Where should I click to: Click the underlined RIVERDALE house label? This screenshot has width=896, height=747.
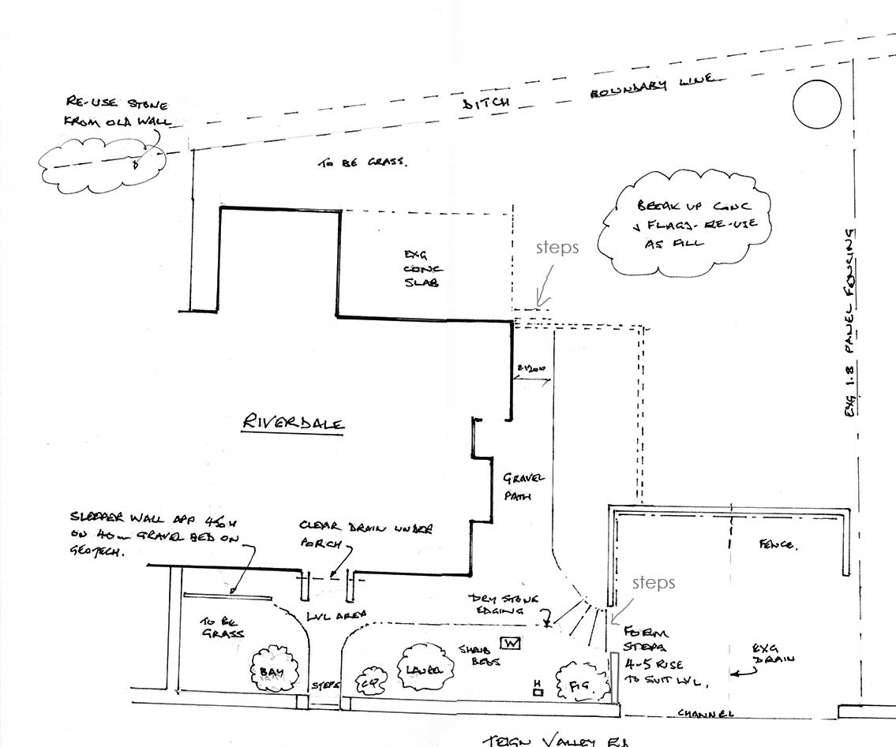tap(294, 423)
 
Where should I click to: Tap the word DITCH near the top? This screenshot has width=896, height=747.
tap(487, 101)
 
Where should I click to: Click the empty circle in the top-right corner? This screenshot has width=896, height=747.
tap(817, 104)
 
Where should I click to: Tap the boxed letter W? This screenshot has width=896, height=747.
tap(511, 644)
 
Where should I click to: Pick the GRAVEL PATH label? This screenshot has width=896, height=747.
tap(523, 487)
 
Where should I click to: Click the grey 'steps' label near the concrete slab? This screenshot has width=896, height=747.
tap(557, 248)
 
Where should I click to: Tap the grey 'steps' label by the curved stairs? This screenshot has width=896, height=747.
tap(653, 582)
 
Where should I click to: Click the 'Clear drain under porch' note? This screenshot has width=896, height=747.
tap(365, 535)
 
